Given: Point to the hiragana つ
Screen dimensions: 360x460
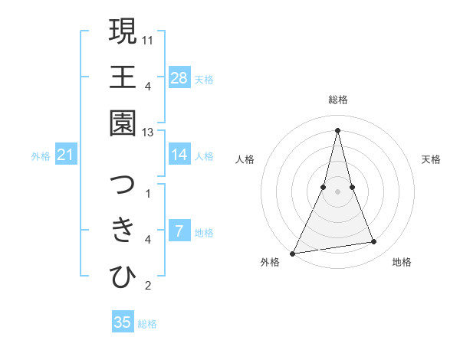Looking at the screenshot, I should (x=123, y=185).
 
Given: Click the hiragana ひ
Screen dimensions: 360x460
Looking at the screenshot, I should (x=123, y=276).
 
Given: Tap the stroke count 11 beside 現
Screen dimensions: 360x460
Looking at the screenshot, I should (x=149, y=39).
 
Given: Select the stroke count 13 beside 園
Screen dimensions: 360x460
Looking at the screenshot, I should (x=149, y=132).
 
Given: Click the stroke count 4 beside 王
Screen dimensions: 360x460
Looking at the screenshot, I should (x=148, y=85).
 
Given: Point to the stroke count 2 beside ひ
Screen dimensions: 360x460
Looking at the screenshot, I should (x=148, y=286).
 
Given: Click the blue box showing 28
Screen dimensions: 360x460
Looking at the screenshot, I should (x=179, y=77).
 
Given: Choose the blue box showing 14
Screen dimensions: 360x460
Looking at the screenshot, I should (x=179, y=155).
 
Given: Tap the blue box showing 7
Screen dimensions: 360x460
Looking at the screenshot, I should (x=179, y=231).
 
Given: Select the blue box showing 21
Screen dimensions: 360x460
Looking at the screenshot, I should (x=66, y=155).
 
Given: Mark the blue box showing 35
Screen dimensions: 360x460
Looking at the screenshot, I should (x=123, y=322).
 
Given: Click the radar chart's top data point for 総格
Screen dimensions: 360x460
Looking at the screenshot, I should (x=337, y=129).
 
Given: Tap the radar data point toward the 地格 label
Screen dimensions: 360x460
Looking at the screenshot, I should (x=374, y=242).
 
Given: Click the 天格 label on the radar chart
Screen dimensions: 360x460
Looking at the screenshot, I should (x=432, y=159).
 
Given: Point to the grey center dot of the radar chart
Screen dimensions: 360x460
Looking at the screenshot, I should (x=337, y=191).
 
